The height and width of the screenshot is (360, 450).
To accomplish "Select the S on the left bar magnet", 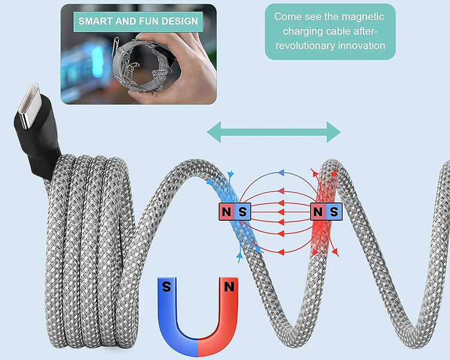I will coord(242,211).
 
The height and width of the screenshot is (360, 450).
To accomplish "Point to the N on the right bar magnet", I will coord(317,211).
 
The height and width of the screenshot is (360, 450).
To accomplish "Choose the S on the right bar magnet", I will coord(333,211).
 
